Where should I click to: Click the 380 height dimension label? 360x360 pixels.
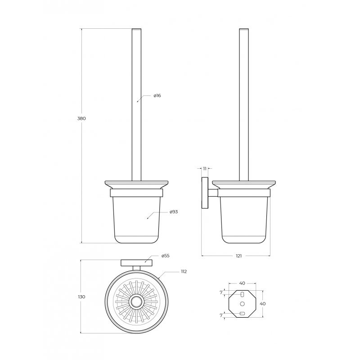point(81,118)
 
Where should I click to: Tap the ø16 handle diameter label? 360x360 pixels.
point(157,95)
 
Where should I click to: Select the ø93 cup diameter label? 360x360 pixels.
point(174,211)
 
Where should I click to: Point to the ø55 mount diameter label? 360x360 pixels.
point(165,256)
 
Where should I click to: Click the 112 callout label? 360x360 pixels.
point(184,272)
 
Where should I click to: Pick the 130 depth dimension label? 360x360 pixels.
point(81,297)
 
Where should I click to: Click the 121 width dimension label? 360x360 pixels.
point(239,256)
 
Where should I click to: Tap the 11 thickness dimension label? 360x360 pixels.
point(205,169)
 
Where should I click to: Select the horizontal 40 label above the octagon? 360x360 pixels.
point(242,283)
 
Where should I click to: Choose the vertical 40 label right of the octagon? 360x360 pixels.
point(263,304)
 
